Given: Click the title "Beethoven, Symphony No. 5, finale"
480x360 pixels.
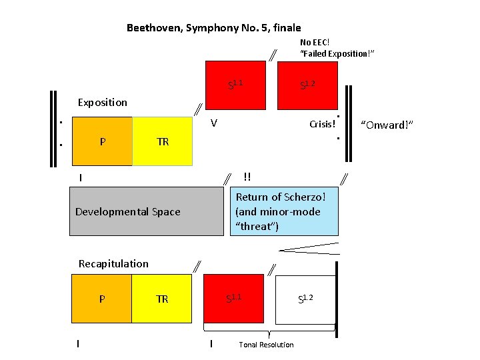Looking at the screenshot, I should point(213,28).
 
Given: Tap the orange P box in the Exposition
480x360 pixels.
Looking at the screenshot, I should point(101,141).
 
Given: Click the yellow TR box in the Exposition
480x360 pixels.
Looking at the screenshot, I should point(163,141).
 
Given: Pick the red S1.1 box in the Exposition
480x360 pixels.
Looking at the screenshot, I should point(235,85).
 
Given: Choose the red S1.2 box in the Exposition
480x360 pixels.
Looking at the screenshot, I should point(307,85).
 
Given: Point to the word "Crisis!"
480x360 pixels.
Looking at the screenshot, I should point(322,125).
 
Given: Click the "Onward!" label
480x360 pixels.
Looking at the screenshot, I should point(387,125).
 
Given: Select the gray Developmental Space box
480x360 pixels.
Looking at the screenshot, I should point(146,211).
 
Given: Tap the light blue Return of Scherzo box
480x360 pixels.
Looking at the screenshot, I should point(284,211).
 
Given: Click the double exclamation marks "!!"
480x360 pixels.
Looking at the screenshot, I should point(247,177).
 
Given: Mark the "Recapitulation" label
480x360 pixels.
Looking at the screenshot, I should point(113,263).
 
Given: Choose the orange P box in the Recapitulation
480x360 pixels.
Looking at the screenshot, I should point(101,299).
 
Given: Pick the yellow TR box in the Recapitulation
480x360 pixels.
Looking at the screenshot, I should point(163,299).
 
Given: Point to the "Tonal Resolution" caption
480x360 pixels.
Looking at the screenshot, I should point(266,345).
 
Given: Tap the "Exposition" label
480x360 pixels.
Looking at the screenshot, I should point(102,103).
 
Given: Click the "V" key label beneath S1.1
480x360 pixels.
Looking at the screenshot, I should point(213,123).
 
